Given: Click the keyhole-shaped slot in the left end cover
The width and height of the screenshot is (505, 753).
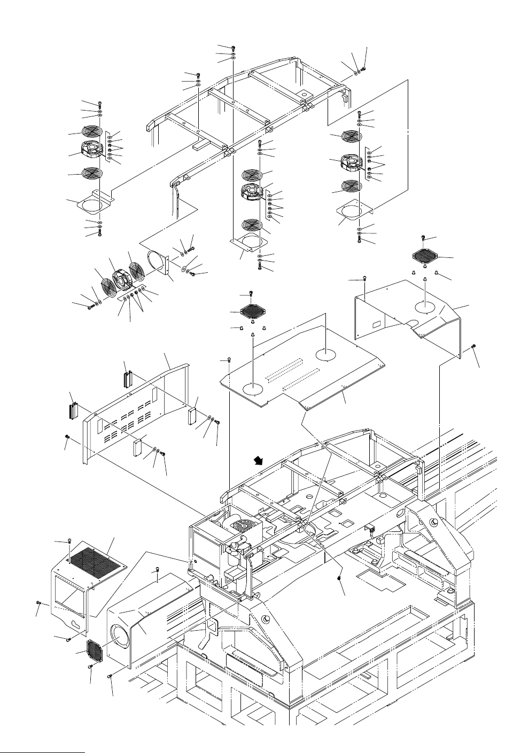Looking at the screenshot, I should [x=74, y=624].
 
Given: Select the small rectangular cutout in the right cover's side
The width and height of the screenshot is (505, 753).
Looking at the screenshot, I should [x=375, y=324].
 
